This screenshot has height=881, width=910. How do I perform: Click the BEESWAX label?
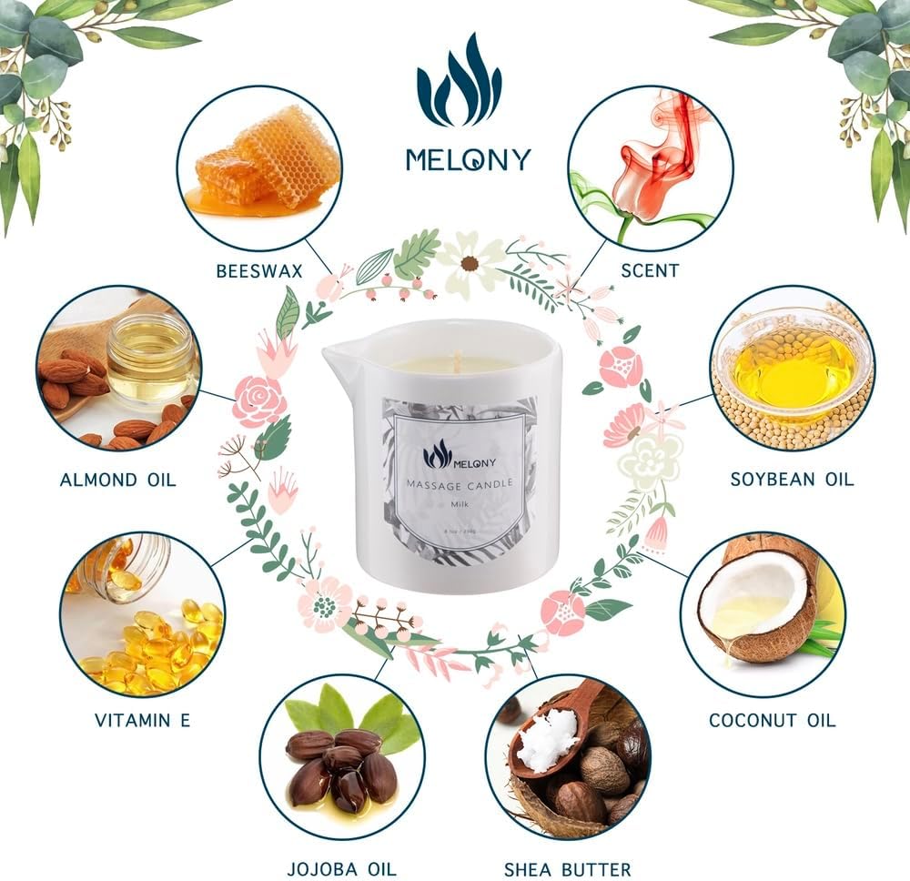[259, 270]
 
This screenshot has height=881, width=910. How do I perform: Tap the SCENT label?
[649, 270]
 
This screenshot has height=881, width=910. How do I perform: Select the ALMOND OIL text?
[118, 480]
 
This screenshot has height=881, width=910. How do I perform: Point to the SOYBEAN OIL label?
[793, 479]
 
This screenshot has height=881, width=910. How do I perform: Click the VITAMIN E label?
[143, 720]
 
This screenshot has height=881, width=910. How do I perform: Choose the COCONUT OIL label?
[773, 720]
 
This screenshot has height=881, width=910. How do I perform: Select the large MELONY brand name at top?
[468, 159]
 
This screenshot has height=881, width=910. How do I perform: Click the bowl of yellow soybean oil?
[794, 364]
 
